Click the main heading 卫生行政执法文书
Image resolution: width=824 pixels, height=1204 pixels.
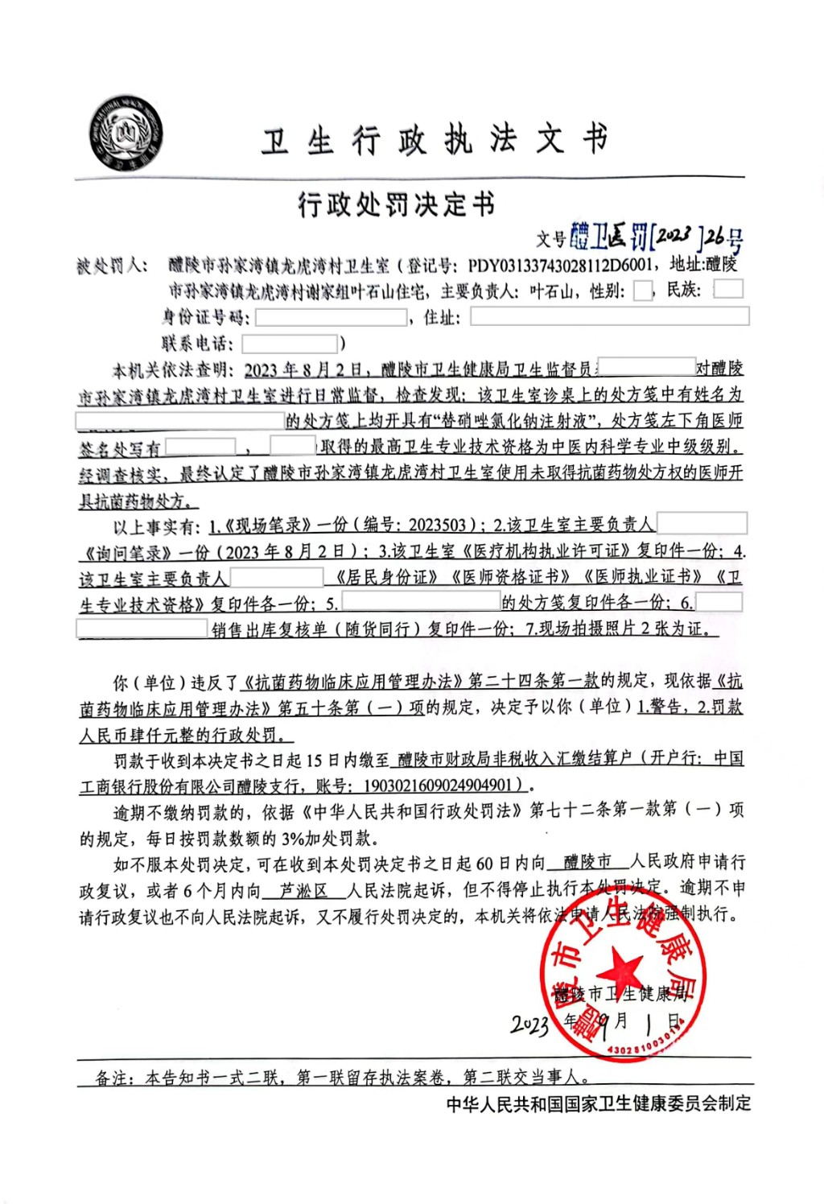[435, 141]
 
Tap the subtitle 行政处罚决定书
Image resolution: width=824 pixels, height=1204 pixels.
[396, 205]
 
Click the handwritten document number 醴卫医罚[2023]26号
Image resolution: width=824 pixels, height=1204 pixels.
[656, 237]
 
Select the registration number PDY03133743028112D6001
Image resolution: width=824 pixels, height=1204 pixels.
[560, 265]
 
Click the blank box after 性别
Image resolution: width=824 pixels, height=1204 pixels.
[643, 291]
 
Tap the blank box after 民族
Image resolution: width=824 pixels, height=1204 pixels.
[728, 289]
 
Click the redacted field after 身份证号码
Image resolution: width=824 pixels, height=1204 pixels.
[332, 317]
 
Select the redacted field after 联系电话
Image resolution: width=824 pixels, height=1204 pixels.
[290, 344]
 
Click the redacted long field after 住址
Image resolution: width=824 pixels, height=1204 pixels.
[609, 316]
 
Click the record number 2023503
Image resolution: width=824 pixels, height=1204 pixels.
[438, 526]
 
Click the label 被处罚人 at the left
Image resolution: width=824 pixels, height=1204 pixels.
[112, 266]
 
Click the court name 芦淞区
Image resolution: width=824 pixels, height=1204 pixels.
[303, 890]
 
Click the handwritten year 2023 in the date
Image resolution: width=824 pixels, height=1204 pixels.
[530, 1025]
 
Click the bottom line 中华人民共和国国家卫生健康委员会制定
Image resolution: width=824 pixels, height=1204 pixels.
[599, 1103]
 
